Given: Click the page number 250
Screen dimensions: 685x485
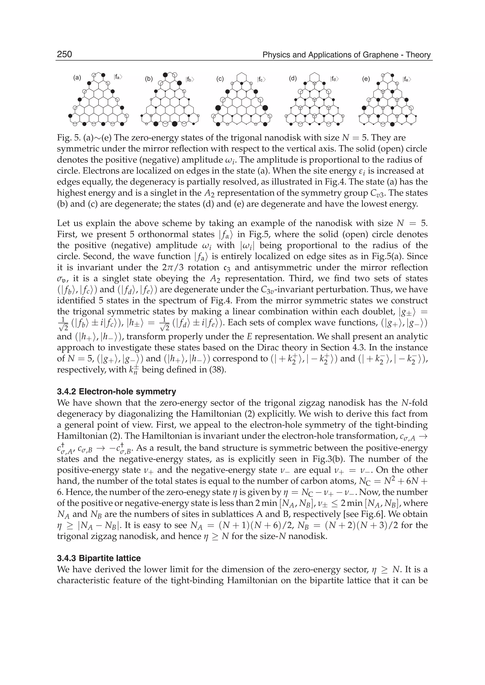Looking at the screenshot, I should (64, 54).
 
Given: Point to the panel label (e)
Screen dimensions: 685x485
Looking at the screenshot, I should (366, 79).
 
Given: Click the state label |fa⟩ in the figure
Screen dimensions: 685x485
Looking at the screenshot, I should (118, 77).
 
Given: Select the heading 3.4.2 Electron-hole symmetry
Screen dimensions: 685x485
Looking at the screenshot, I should (117, 391).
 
